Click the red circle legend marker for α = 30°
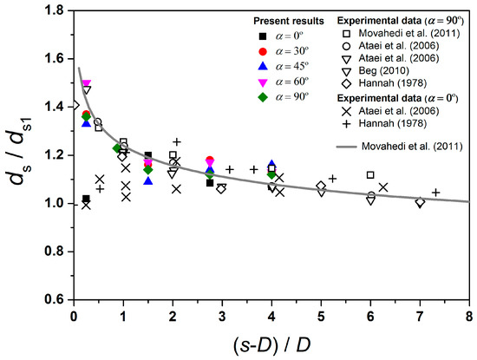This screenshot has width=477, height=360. (263, 51)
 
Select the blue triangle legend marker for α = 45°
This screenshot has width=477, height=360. (263, 68)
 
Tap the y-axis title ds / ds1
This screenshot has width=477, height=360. (19, 156)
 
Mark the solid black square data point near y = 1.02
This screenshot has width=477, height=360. (86, 199)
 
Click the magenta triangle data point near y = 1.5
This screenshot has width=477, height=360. (86, 84)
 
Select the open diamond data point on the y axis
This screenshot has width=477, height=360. (75, 105)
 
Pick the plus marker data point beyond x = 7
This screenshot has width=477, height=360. (435, 193)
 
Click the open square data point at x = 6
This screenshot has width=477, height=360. (370, 175)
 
